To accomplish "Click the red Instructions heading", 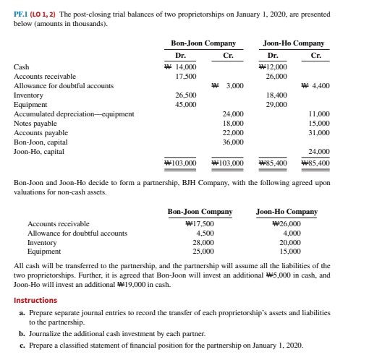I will coord(35,300).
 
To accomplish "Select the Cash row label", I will coord(21,67).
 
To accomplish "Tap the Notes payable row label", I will coord(34,124).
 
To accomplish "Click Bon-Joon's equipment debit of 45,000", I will coord(187,104).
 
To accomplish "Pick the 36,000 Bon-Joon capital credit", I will coord(232,142).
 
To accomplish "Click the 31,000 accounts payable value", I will coord(318,133).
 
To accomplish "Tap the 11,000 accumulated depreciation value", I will coord(318,114).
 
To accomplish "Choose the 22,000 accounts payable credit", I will coord(232,133).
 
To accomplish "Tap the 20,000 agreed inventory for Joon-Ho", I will coord(289,243).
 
